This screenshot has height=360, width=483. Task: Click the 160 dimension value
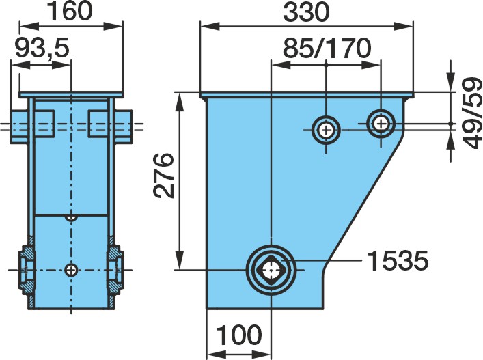pyautogui.click(x=71, y=11)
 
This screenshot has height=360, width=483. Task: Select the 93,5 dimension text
pyautogui.click(x=42, y=49)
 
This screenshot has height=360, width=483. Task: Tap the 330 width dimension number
pyautogui.click(x=306, y=13)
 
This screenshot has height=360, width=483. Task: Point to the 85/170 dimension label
pyautogui.click(x=327, y=49)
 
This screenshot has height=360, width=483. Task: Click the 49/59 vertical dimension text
pyautogui.click(x=472, y=113)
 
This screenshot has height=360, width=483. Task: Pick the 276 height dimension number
pyautogui.click(x=163, y=176)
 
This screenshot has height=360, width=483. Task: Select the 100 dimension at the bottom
pyautogui.click(x=239, y=335)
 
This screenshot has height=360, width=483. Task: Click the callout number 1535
pyautogui.click(x=398, y=260)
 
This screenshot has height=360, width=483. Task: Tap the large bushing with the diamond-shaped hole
pyautogui.click(x=271, y=270)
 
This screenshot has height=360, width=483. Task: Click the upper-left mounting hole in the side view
pyautogui.click(x=326, y=130)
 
